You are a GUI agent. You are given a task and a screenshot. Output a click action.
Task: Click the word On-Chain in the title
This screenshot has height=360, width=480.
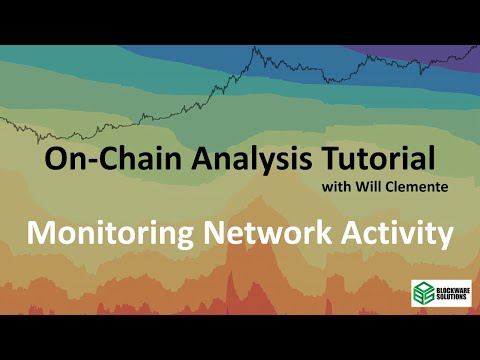94,158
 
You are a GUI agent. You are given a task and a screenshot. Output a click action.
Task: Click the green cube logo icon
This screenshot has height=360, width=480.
422,293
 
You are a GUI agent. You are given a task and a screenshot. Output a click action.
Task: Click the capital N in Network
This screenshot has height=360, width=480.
213,233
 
